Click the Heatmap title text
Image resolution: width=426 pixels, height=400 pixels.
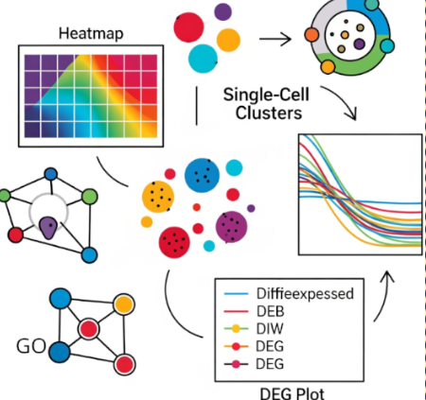point(91,33)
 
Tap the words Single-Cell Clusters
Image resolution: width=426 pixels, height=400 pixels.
point(267,104)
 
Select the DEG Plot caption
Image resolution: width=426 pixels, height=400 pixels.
point(292,393)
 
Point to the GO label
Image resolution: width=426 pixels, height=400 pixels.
point(31,346)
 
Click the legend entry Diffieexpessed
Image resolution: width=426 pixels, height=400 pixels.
point(305,293)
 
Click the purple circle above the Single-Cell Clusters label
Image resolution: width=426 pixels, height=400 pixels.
point(222,11)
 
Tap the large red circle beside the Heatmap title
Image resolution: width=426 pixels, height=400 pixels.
point(188,27)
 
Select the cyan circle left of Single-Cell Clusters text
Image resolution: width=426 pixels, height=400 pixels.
point(203,59)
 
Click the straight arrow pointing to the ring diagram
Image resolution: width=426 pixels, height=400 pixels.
point(275,39)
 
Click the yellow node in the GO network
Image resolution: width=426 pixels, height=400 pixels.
point(124,304)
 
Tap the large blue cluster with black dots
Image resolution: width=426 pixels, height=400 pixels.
point(202,175)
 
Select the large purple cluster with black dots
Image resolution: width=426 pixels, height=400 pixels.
point(231,227)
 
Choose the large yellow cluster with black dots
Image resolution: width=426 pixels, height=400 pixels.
point(158,197)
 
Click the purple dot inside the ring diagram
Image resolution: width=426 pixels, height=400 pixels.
point(359,44)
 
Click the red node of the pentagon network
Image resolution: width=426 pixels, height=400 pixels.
point(15,235)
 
